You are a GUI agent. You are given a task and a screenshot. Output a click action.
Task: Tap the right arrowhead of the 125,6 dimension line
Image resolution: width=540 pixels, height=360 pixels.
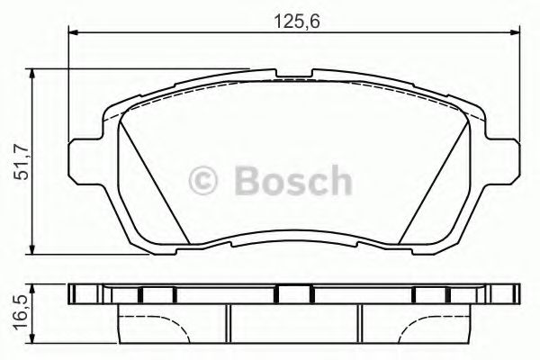click(x=514, y=35)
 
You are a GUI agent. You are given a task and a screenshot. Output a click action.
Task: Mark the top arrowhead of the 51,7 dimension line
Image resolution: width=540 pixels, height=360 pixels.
click(x=34, y=72)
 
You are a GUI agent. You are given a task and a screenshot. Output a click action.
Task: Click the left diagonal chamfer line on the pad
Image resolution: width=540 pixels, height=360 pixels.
click(x=153, y=180)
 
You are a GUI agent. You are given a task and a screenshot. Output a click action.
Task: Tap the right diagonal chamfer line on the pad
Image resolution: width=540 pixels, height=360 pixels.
click(x=434, y=180)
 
